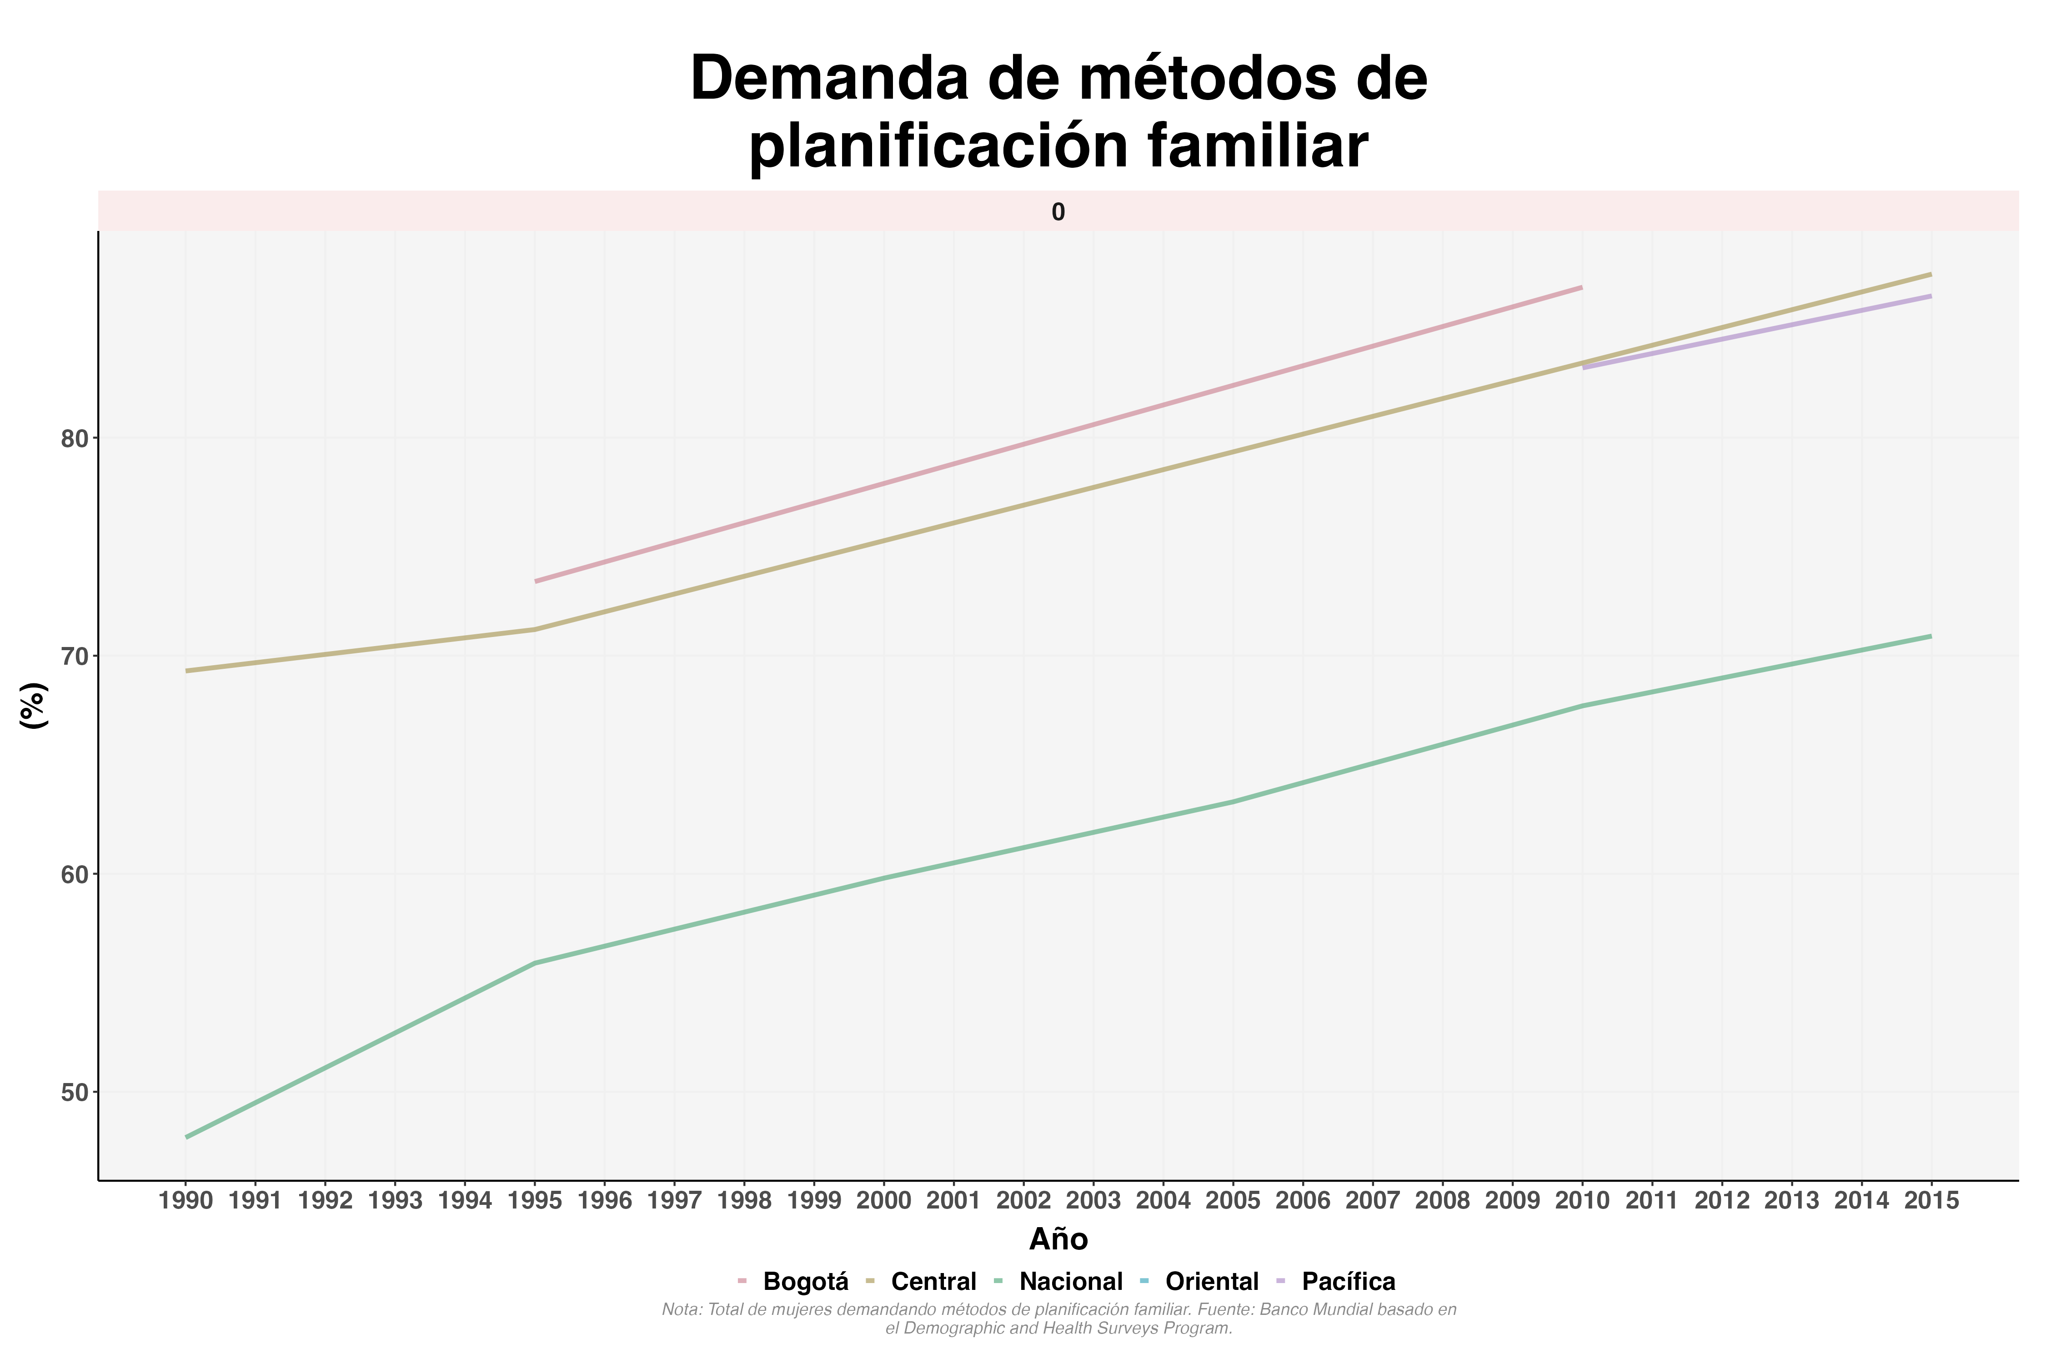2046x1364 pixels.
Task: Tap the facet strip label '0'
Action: (1058, 212)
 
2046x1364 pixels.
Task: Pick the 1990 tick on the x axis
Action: (186, 1201)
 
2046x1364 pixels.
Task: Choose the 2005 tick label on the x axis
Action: (1233, 1201)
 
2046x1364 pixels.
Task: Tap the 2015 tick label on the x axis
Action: (1931, 1201)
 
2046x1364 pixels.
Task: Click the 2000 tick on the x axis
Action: (884, 1201)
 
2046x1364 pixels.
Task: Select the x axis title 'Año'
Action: (1058, 1239)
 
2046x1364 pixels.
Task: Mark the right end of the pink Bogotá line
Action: (1581, 287)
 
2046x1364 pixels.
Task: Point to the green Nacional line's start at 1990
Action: (186, 1137)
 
